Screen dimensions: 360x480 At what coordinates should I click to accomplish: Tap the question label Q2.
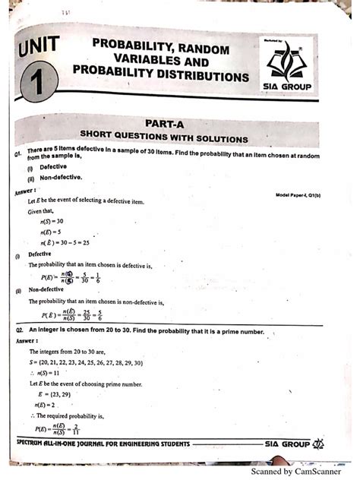17,333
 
